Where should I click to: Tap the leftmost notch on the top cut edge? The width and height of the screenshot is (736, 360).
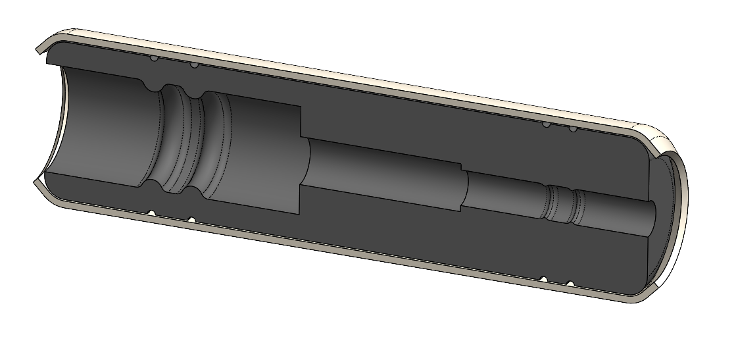153,59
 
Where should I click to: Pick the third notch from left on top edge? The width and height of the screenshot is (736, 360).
545,124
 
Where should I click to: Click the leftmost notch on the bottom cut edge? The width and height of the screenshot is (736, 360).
151,213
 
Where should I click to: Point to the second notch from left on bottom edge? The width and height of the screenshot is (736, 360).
190,219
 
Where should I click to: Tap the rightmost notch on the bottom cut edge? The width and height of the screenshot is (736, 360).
570,283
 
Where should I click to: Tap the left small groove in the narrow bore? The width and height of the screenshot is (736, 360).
550,204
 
